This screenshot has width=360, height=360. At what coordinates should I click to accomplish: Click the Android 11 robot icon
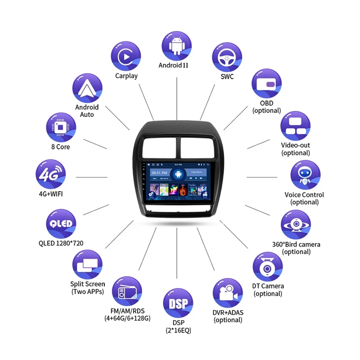[176, 46]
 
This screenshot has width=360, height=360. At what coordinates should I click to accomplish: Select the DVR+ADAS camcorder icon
[228, 293]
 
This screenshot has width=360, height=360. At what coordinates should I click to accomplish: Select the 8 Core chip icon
[61, 127]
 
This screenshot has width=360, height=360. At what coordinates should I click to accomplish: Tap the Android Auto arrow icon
[87, 88]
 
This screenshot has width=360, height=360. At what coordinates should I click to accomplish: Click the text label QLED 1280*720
[61, 243]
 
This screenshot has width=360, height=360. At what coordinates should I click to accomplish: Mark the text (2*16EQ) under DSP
[178, 331]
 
